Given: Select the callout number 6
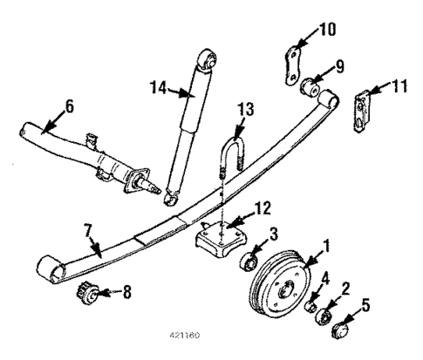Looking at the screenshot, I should click(69, 106).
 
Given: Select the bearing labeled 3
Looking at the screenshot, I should click(248, 262).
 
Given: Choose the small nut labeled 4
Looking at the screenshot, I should click(311, 302).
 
